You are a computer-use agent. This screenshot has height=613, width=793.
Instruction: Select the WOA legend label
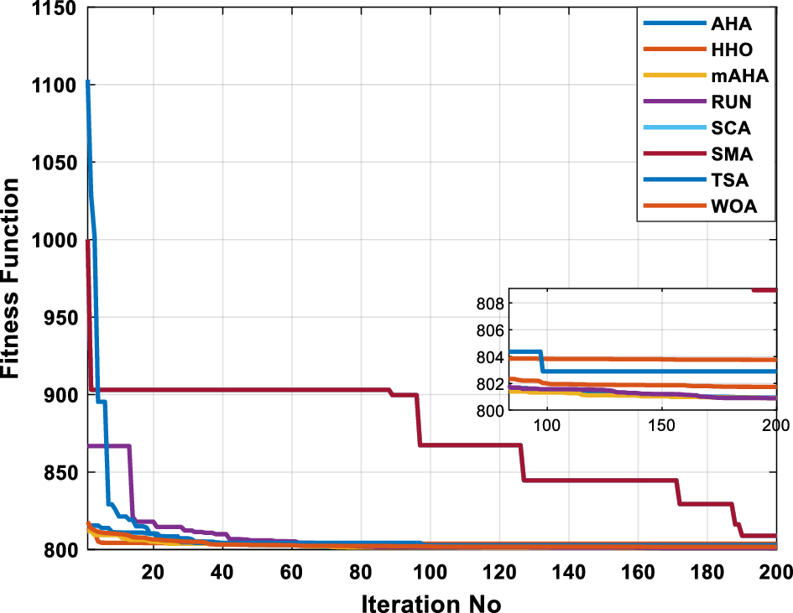[738, 207]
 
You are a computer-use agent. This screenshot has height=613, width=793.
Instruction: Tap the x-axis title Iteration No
[431, 600]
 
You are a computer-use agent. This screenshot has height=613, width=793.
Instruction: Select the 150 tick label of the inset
[661, 426]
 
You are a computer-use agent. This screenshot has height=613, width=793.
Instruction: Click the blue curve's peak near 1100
[88, 83]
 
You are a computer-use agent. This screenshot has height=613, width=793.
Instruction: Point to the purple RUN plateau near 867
[109, 445]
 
